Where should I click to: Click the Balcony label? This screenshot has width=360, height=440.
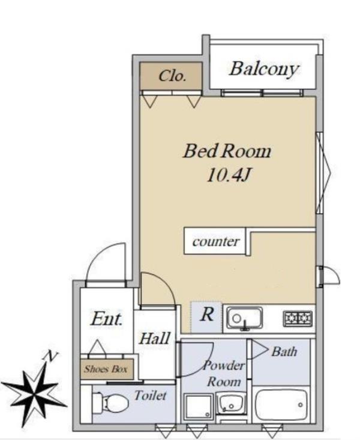(264, 69)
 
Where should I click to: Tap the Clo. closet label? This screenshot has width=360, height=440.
(172, 76)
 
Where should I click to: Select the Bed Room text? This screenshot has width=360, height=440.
(227, 151)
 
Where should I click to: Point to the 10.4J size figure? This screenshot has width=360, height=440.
(228, 176)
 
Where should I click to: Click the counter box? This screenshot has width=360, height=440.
(215, 241)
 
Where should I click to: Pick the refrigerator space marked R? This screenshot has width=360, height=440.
(206, 317)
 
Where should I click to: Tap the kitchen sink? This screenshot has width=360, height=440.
(245, 319)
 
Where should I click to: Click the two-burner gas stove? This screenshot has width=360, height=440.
(298, 318)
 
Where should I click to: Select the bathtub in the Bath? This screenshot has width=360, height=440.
(281, 404)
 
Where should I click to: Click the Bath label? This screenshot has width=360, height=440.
(284, 351)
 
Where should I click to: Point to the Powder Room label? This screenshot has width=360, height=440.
(224, 373)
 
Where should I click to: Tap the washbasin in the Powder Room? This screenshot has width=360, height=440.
(231, 403)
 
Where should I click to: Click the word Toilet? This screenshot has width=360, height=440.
(151, 396)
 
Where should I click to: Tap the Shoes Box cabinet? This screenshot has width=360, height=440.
(107, 369)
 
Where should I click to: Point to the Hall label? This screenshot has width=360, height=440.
(155, 338)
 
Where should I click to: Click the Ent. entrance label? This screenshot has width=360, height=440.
(106, 319)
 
